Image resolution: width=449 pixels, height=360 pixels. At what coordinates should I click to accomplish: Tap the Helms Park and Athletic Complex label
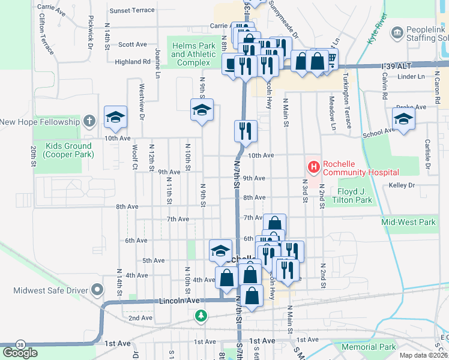pyautogui.click(x=193, y=55)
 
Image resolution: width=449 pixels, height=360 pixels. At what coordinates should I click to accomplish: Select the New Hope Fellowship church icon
pyautogui.click(x=89, y=122)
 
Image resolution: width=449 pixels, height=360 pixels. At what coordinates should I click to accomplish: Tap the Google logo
pyautogui.click(x=20, y=353)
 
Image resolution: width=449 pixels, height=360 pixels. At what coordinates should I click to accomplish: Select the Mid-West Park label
pyautogui.click(x=408, y=222)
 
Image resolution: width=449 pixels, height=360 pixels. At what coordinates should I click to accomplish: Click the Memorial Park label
pyautogui.click(x=369, y=347)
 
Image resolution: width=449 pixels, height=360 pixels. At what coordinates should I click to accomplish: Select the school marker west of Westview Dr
pyautogui.click(x=115, y=117)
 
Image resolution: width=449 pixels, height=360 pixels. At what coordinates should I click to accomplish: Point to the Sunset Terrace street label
pyautogui.click(x=132, y=11)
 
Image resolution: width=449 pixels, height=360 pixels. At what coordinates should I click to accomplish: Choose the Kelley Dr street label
pyautogui.click(x=402, y=185)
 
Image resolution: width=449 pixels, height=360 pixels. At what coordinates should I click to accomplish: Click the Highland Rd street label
pyautogui.click(x=133, y=62)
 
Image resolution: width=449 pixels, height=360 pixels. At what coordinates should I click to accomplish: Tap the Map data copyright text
pyautogui.click(x=423, y=355)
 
